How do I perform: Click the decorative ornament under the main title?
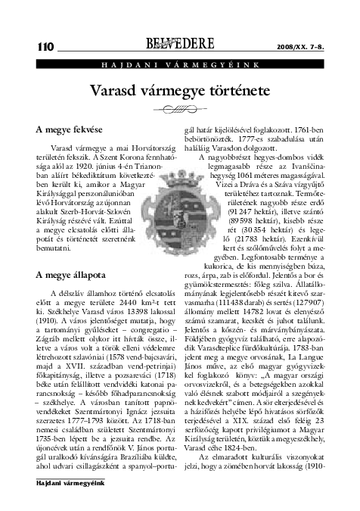coord(179,108)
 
